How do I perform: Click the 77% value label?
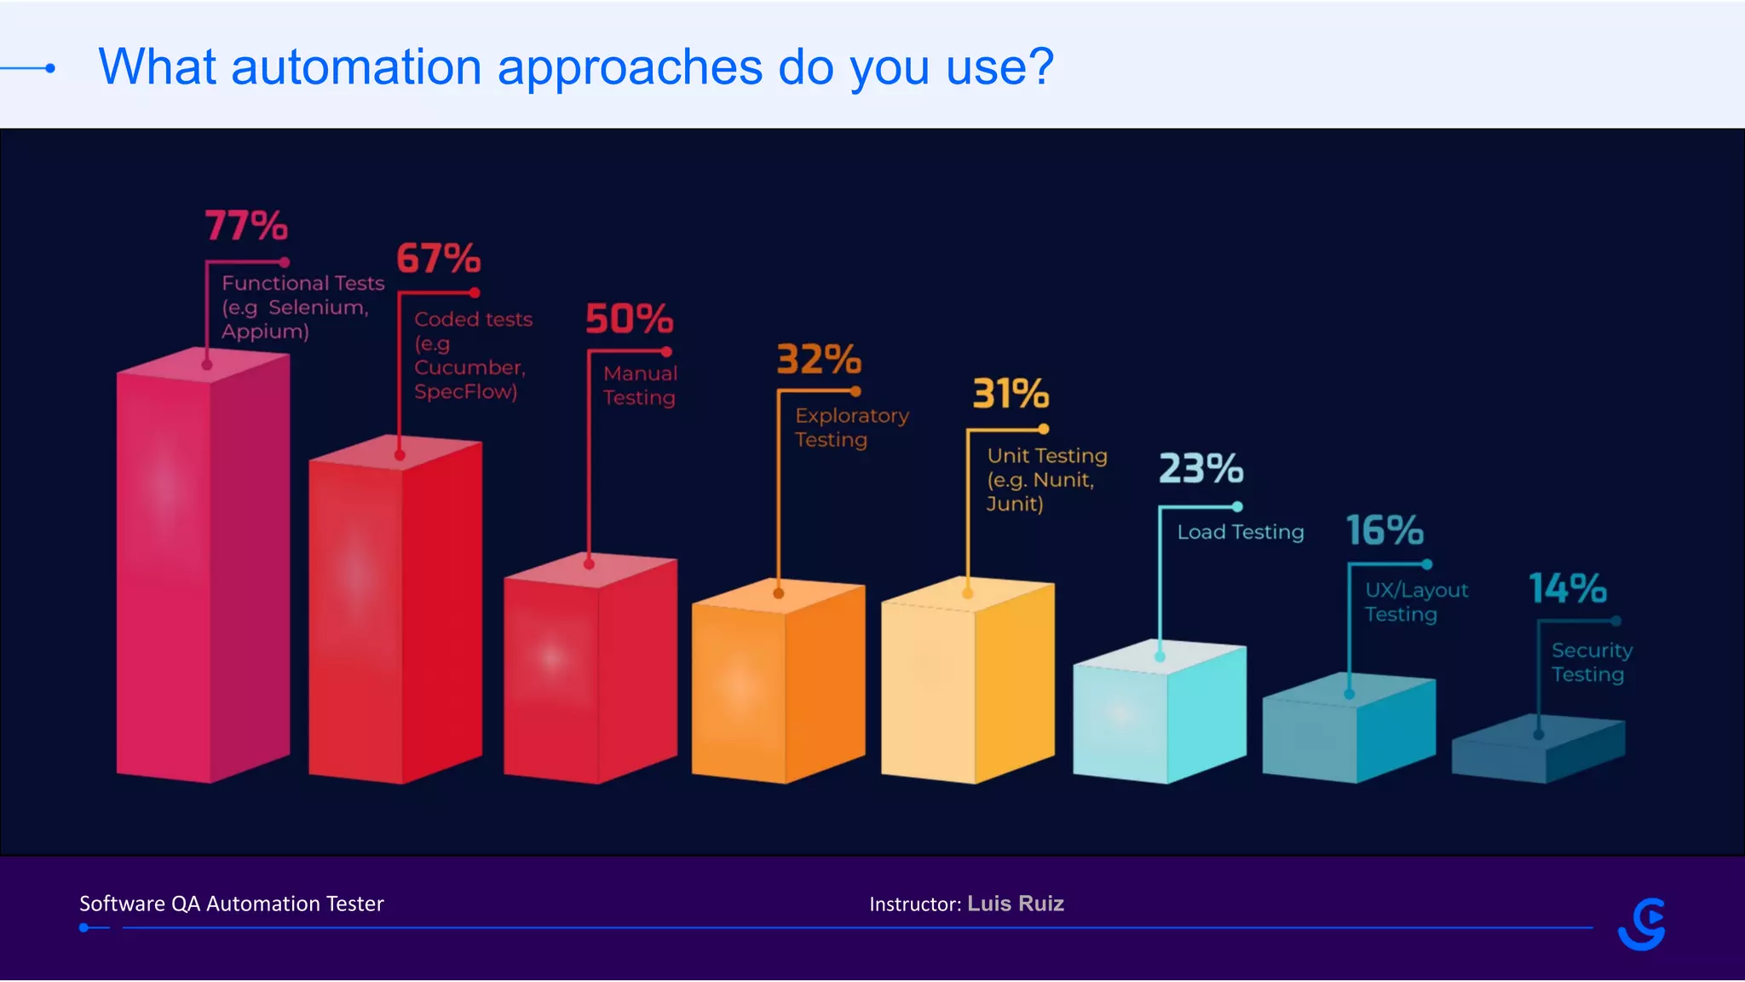click(246, 226)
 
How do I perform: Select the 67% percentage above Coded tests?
click(439, 258)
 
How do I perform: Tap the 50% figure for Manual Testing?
click(629, 319)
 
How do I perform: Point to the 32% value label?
click(819, 360)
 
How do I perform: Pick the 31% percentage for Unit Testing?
click(1011, 394)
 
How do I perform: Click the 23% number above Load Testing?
click(1201, 469)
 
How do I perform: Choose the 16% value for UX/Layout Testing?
click(1385, 530)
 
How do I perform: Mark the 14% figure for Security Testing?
click(1568, 588)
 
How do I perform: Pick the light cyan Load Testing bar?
click(1159, 716)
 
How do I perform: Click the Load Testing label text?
click(1241, 532)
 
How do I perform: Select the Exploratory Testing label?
click(851, 427)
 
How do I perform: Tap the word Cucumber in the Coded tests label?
click(469, 367)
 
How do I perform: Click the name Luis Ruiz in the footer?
click(1016, 904)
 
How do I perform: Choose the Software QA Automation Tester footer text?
click(232, 904)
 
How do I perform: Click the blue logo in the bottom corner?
click(1642, 924)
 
